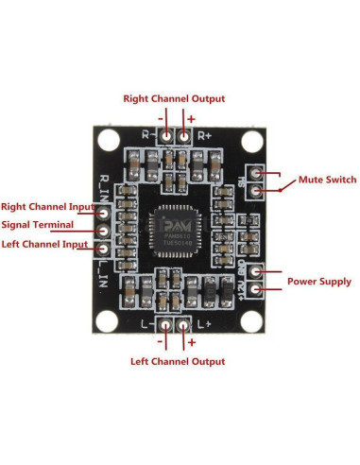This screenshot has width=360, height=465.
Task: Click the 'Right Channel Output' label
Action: [x=175, y=98]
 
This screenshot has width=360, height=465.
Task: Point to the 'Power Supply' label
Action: [x=319, y=281]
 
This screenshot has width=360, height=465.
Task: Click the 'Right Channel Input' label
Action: [x=47, y=206]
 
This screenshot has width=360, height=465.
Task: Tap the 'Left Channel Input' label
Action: [x=44, y=245]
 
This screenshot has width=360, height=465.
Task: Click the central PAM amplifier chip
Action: [x=178, y=229]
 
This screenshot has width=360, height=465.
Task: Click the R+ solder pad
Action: [x=185, y=137]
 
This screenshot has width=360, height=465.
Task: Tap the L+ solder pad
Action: [x=185, y=325]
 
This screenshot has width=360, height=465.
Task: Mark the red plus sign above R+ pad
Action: [x=192, y=119]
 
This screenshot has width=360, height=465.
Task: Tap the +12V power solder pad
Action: [x=255, y=288]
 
